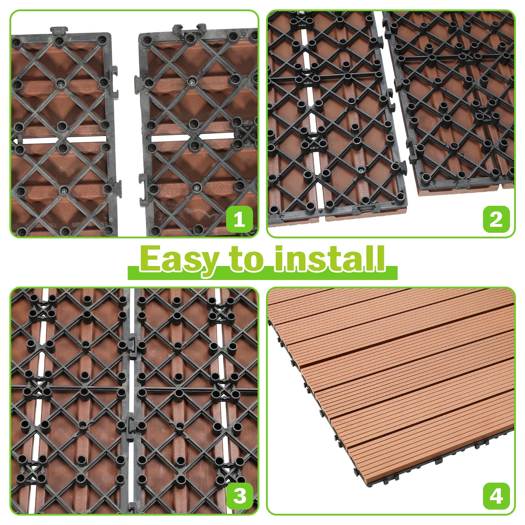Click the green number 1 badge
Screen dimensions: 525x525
pyautogui.click(x=239, y=220)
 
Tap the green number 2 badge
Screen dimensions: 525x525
pyautogui.click(x=496, y=220)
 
